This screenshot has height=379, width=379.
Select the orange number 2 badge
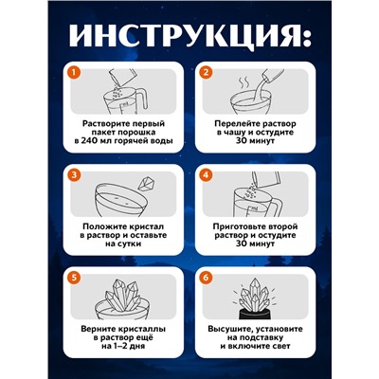(204, 70)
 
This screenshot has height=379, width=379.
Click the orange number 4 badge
(204, 174)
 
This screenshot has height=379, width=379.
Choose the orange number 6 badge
(204, 279)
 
